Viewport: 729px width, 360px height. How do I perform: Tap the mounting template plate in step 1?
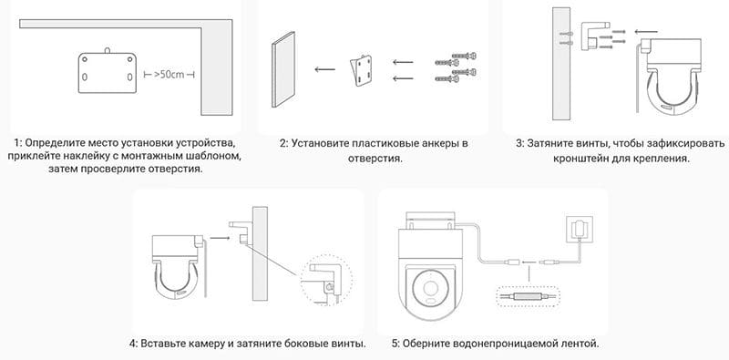coord(108,72)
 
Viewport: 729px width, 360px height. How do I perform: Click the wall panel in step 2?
coord(283,69)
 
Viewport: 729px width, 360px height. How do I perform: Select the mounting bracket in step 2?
coord(361,71)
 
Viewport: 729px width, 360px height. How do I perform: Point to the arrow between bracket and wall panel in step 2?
coord(324,70)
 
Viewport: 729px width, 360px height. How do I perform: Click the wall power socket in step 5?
coord(580,229)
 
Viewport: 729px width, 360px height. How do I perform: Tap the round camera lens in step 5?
coord(429,289)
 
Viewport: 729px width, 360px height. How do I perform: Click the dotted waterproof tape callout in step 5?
coord(529,296)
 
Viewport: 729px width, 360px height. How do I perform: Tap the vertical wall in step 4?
coord(260,253)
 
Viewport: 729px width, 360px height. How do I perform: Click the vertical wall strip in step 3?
coord(560,66)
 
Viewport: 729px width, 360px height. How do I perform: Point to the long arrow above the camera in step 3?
coord(647,32)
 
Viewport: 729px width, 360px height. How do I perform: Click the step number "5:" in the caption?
coord(395,345)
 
